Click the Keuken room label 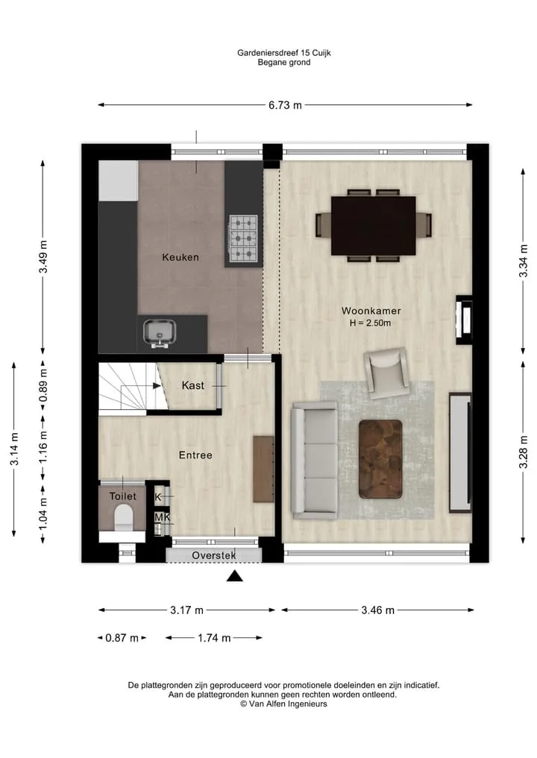click(x=180, y=257)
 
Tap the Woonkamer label click(x=371, y=311)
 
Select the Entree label click(x=195, y=455)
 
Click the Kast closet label click(x=192, y=385)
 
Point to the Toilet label click(x=123, y=496)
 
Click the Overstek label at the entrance click(x=214, y=555)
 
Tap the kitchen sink click(x=160, y=332)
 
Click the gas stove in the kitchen click(x=243, y=239)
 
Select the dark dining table click(x=374, y=226)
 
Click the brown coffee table click(x=380, y=459)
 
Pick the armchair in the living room click(x=386, y=373)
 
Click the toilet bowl click(x=124, y=517)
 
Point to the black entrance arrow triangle click(x=235, y=575)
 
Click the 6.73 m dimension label click(x=285, y=105)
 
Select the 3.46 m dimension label click(x=378, y=610)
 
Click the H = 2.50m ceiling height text click(x=370, y=323)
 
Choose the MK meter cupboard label click(x=163, y=517)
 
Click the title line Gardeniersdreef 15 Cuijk click(x=284, y=53)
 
